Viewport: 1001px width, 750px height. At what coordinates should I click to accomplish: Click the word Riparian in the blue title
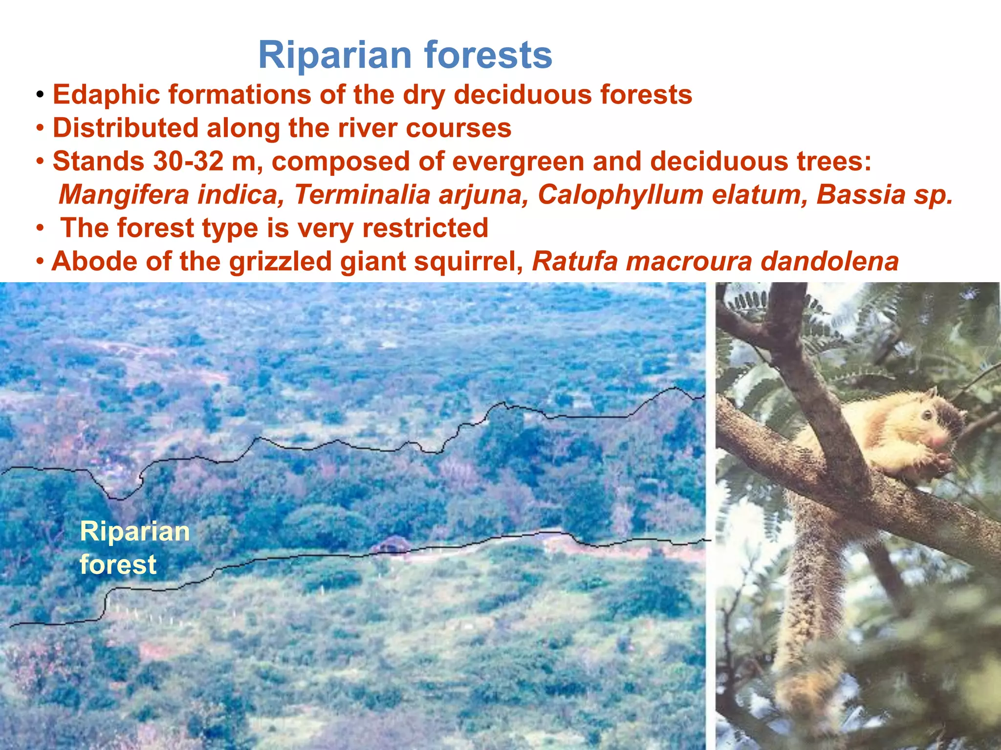[x=335, y=55]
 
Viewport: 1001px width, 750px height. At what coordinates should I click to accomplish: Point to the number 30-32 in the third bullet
[x=188, y=161]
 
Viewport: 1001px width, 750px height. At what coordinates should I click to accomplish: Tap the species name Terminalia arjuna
[x=411, y=194]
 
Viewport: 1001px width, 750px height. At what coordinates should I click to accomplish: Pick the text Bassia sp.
[x=885, y=194]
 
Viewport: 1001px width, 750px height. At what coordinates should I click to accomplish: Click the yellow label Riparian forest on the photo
[x=134, y=547]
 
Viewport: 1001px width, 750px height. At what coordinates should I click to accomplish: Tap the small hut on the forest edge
[x=391, y=544]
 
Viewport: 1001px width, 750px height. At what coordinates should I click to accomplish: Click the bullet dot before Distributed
[x=41, y=129]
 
